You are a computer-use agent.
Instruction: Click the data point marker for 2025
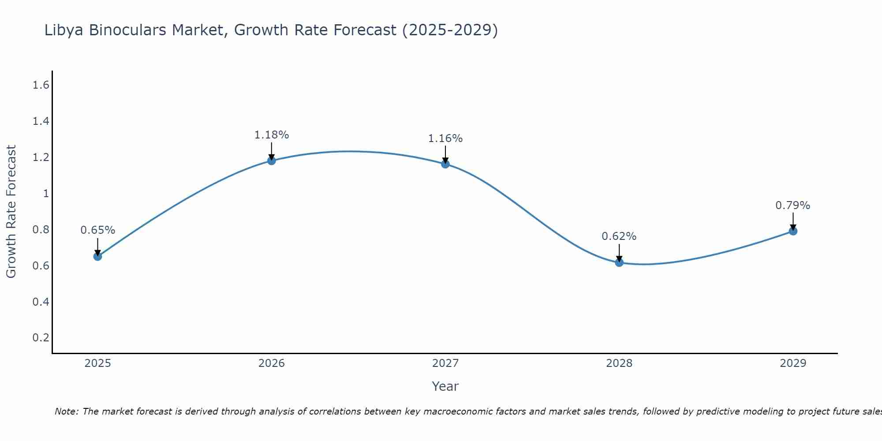click(98, 256)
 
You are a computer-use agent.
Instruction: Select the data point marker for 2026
click(272, 161)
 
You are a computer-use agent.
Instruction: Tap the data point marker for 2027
click(445, 164)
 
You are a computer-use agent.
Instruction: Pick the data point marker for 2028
click(619, 262)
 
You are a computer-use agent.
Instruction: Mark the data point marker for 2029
click(793, 231)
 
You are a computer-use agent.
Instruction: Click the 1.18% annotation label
click(272, 135)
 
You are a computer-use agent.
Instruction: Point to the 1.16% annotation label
click(445, 138)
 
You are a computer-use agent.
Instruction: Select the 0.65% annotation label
click(98, 230)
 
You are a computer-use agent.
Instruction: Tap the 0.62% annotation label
click(619, 236)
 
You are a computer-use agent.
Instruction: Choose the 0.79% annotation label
click(793, 206)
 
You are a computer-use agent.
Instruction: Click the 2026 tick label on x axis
click(272, 363)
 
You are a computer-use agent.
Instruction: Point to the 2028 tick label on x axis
click(619, 363)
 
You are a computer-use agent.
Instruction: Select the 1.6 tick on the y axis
click(41, 85)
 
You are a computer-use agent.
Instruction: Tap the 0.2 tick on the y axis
click(41, 338)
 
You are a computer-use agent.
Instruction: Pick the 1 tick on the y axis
click(46, 193)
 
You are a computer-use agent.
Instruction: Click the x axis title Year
click(445, 386)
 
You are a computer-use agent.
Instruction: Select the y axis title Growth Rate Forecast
click(11, 212)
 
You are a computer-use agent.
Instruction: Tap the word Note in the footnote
click(66, 411)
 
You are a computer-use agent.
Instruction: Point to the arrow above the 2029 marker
click(793, 220)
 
